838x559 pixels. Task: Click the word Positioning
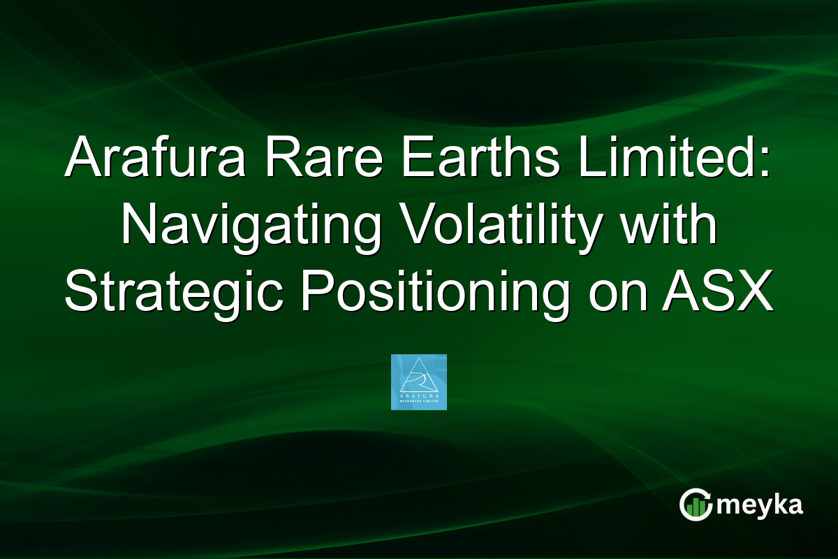[429, 293]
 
